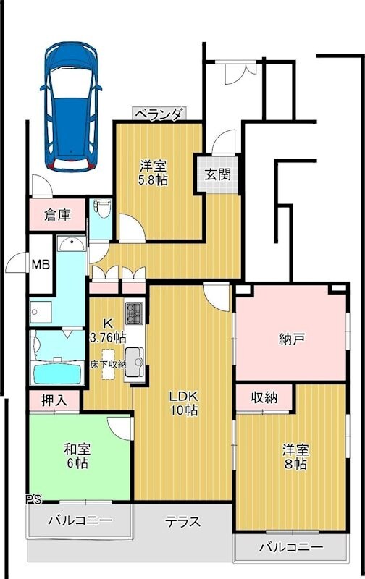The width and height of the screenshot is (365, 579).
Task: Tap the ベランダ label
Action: [159, 114]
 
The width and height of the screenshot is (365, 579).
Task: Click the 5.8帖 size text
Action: [154, 179]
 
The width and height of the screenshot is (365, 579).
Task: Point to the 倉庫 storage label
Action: [56, 214]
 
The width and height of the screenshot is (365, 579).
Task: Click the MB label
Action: [41, 264]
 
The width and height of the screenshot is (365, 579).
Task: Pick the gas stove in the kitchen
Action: [135, 314]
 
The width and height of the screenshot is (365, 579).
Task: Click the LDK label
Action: [184, 396]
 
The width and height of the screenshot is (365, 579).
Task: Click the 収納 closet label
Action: [264, 397]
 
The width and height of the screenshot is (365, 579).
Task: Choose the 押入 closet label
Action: [54, 400]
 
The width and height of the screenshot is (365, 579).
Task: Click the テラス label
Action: [182, 522]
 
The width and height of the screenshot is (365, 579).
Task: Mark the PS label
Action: [33, 499]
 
